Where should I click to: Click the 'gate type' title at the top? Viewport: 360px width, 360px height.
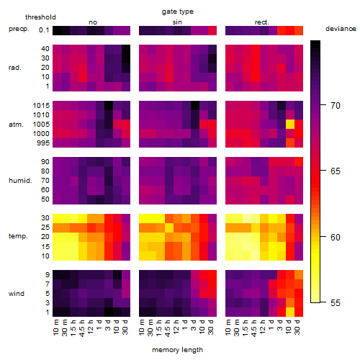[178, 12]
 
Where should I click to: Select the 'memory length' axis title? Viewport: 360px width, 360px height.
[177, 350]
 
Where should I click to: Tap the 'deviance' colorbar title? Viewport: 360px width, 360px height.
[341, 29]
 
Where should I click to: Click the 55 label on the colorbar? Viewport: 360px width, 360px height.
[336, 303]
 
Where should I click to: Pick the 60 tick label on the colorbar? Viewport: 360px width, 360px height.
[336, 238]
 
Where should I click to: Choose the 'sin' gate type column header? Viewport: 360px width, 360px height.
[177, 22]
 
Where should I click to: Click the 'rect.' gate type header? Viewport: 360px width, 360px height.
[262, 22]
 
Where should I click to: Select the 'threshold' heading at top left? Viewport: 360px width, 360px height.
[40, 17]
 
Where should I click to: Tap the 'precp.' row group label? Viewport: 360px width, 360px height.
[19, 29]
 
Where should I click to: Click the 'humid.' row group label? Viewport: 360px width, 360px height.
[20, 181]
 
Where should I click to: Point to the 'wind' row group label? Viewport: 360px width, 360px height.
[17, 294]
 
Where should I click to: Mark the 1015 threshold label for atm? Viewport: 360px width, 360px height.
[41, 106]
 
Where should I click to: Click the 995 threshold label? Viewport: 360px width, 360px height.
[43, 143]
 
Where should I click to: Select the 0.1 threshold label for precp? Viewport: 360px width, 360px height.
[44, 30]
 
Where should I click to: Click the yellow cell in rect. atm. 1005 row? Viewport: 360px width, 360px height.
[290, 125]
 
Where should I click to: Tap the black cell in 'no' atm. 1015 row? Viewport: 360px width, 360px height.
[109, 106]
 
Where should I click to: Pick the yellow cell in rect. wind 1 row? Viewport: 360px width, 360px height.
[290, 312]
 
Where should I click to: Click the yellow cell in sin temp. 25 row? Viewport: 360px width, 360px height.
[169, 228]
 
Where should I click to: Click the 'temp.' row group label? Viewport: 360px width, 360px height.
[18, 236]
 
